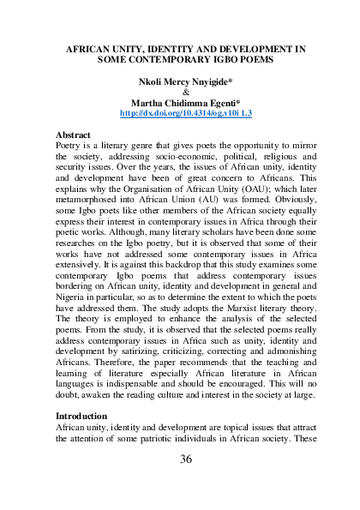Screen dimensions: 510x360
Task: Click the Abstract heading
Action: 74,135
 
